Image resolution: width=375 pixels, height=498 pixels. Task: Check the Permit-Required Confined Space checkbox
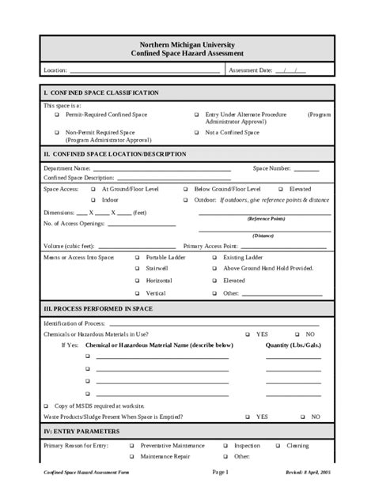click(x=56, y=115)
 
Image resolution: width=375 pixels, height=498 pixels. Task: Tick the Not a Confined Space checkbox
click(x=196, y=132)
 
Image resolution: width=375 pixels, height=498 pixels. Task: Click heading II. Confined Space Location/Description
click(x=116, y=154)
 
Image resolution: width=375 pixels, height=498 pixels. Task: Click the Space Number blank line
click(x=306, y=169)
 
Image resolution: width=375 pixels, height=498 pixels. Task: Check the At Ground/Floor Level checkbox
click(x=93, y=190)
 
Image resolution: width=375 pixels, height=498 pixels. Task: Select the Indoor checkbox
click(x=93, y=200)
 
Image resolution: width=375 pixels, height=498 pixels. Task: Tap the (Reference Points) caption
click(x=266, y=218)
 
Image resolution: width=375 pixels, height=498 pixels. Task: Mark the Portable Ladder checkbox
click(x=137, y=258)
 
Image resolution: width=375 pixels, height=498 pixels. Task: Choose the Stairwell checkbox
click(x=137, y=269)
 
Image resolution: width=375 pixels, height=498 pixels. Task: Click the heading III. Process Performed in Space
click(x=99, y=308)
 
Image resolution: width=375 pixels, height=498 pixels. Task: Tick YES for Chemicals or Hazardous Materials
click(x=247, y=334)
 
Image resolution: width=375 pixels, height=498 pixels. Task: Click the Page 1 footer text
click(x=220, y=472)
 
